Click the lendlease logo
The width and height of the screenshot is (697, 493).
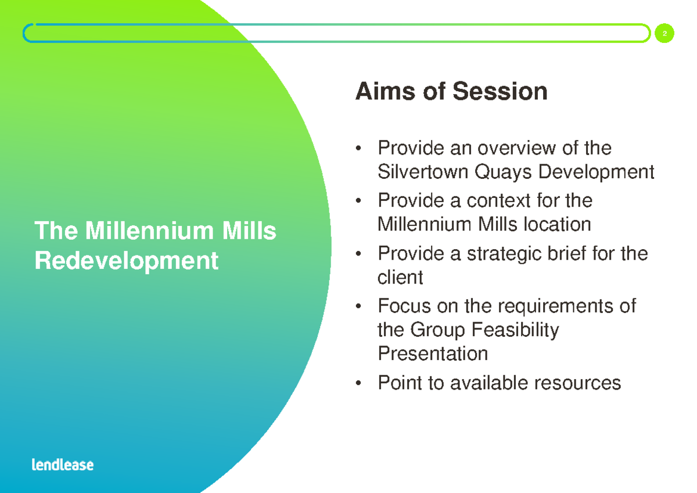click(62, 465)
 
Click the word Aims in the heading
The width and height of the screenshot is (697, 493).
click(386, 92)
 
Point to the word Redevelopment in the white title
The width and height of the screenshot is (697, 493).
click(126, 261)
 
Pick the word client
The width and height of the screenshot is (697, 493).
click(400, 277)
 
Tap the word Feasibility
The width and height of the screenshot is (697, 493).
click(514, 330)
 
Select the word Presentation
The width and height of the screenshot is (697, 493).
click(432, 353)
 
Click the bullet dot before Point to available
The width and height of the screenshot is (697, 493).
click(361, 383)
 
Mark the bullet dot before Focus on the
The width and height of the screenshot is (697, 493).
click(361, 306)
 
